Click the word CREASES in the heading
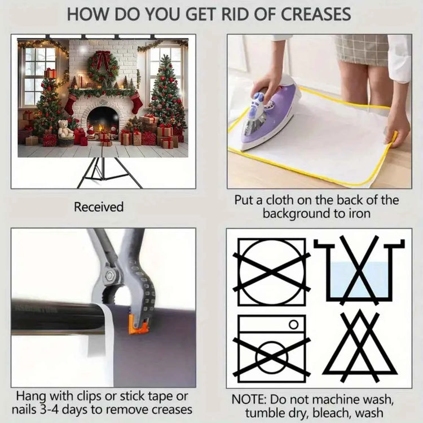coord(316,14)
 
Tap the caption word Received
coord(99,207)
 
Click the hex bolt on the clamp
coord(110,275)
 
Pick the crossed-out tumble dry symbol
coord(272,272)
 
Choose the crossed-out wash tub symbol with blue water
coord(359,270)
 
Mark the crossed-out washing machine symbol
coord(272,349)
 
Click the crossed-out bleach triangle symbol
coord(360,347)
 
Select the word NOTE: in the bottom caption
coord(249,399)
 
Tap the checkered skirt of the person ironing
coord(362,50)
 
